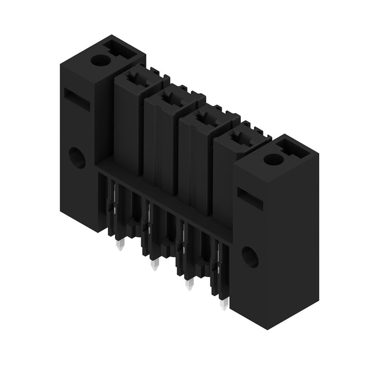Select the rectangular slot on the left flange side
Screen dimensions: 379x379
point(77,100)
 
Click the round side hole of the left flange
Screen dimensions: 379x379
point(77,158)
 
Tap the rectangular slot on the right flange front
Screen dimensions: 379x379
point(250,199)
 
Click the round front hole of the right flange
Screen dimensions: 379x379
point(250,256)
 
